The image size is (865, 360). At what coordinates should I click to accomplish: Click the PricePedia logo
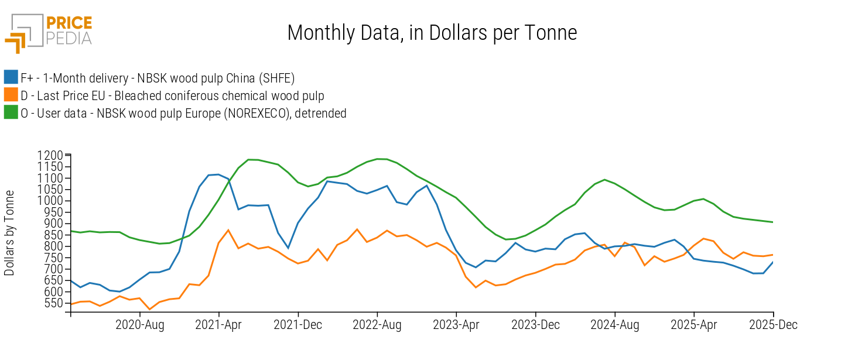click(x=49, y=32)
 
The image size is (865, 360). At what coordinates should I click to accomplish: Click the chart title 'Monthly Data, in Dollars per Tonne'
click(x=432, y=33)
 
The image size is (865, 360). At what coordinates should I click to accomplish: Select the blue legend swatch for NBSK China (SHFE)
click(x=11, y=77)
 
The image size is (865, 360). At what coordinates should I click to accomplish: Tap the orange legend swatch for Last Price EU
click(x=11, y=95)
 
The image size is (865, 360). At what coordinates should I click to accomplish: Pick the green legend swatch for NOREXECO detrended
click(x=11, y=113)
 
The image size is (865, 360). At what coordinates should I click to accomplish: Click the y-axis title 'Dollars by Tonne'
click(x=9, y=233)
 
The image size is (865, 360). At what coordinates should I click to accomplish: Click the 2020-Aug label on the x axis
click(x=140, y=325)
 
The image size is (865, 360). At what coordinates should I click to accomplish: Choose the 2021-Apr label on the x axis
click(x=218, y=325)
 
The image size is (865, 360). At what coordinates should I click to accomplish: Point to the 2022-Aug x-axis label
click(x=377, y=325)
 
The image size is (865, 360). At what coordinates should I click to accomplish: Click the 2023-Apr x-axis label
click(x=456, y=325)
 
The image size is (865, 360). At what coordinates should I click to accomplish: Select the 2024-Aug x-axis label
click(x=615, y=325)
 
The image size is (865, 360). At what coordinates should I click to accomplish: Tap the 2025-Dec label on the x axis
click(x=773, y=325)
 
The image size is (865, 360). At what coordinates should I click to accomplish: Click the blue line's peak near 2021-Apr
click(x=218, y=174)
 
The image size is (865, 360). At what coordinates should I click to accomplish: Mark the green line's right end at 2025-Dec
click(x=773, y=222)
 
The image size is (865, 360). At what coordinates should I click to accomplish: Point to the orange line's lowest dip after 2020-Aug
click(x=149, y=309)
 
